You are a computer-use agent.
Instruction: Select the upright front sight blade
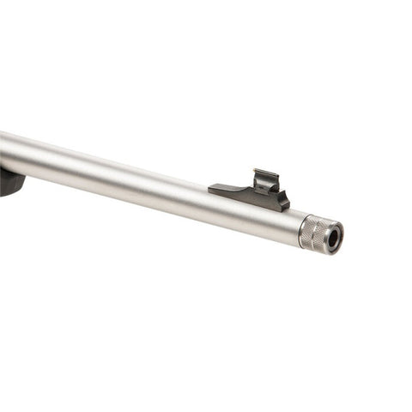click(x=267, y=182)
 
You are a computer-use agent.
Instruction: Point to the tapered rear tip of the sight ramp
click(x=212, y=185)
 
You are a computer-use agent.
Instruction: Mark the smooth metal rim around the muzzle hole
click(x=339, y=230)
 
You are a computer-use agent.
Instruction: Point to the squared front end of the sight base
click(x=287, y=203)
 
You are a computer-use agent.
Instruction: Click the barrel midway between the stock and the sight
click(x=120, y=176)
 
